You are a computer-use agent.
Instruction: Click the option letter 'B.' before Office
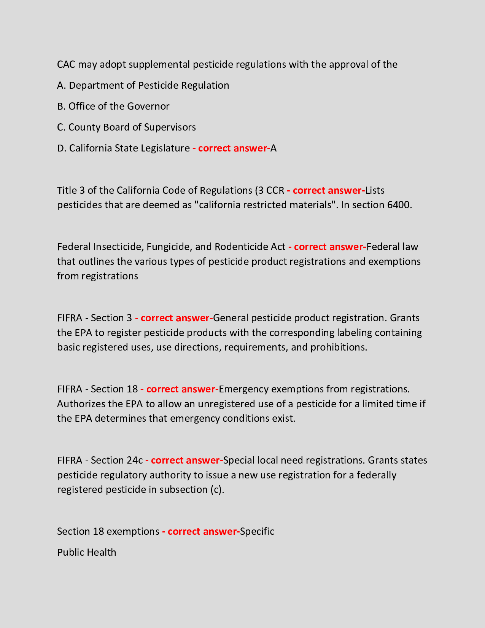click(61, 106)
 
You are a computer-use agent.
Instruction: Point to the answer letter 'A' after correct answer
click(274, 148)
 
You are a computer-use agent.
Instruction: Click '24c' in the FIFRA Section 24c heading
click(135, 460)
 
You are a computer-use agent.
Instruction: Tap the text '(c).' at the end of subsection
click(217, 489)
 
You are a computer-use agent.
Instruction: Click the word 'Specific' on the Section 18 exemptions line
click(257, 531)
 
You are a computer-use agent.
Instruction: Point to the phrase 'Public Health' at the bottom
click(86, 552)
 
